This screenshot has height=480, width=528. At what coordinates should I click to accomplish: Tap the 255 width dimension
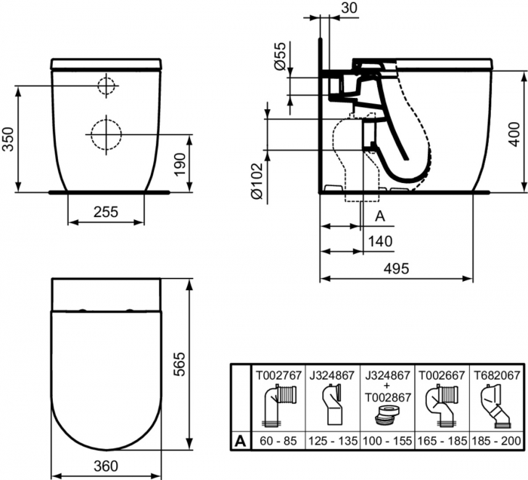point(106,212)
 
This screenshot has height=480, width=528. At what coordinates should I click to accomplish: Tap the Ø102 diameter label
point(256,180)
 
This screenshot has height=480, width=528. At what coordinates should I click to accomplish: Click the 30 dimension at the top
point(349,7)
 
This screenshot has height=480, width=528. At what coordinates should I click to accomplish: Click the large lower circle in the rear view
point(106,134)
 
